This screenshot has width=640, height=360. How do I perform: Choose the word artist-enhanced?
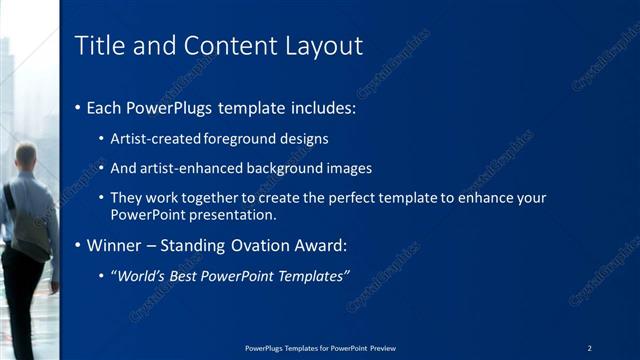click(x=188, y=168)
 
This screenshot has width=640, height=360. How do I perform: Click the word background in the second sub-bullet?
click(x=283, y=168)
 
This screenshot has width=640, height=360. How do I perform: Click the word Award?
click(x=319, y=245)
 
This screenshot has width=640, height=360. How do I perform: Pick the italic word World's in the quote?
click(x=140, y=275)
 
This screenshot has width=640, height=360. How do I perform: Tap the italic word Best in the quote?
click(x=188, y=275)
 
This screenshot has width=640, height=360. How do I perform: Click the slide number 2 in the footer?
click(x=590, y=347)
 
